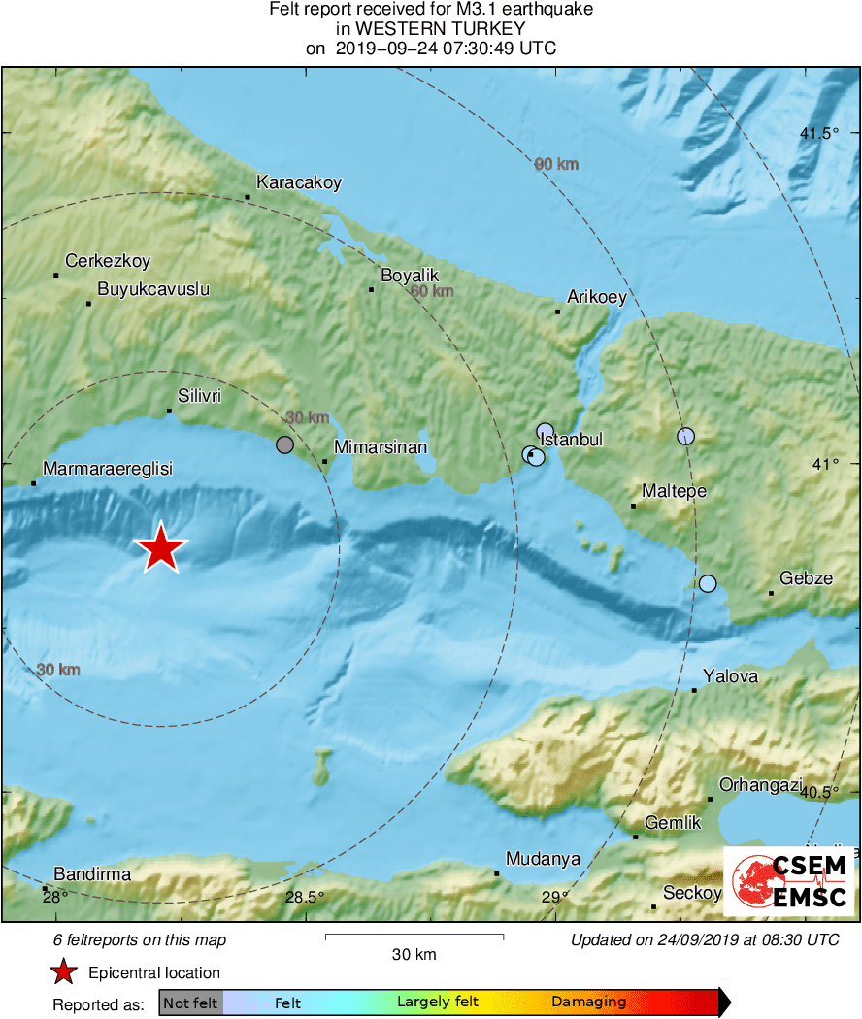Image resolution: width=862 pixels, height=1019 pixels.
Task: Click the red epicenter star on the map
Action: point(161,548)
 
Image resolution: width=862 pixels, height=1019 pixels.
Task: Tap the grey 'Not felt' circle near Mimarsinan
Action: point(284,444)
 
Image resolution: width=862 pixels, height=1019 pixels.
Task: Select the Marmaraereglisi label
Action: point(107,469)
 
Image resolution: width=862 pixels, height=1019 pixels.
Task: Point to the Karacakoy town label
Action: point(299,182)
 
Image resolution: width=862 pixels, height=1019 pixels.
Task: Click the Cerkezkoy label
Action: point(108,261)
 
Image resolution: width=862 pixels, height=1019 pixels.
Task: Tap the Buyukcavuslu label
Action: point(153,289)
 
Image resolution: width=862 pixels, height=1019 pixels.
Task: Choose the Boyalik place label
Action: point(410,276)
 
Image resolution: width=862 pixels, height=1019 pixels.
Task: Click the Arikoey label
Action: point(597,298)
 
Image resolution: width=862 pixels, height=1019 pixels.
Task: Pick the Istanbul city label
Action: point(572,440)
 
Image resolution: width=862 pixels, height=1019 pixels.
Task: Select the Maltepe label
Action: point(675,491)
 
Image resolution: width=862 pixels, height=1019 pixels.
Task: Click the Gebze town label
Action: point(807,578)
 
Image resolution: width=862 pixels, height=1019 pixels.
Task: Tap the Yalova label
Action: point(731,676)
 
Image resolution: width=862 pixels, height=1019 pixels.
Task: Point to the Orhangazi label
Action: point(760,785)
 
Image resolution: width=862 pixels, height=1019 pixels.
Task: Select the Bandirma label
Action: point(92,874)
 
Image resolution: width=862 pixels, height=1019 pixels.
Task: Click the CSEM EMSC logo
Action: point(789,880)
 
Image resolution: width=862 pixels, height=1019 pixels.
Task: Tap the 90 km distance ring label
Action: point(556,164)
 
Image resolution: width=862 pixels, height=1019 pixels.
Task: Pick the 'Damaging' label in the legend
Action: point(588,1002)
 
